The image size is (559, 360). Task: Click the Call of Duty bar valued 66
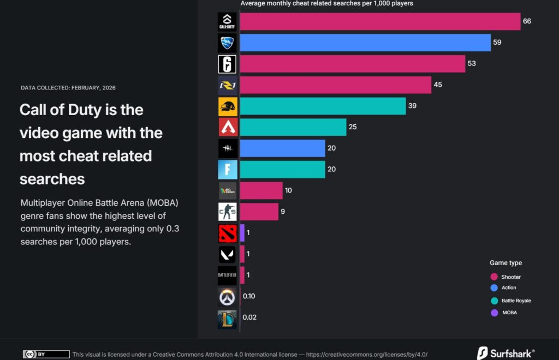pyautogui.click(x=380, y=21)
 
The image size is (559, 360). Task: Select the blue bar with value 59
pyautogui.click(x=365, y=43)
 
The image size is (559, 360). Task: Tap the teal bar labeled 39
pyautogui.click(x=323, y=106)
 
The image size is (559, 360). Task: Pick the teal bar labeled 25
pyautogui.click(x=293, y=127)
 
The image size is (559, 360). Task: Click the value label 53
pyautogui.click(x=472, y=63)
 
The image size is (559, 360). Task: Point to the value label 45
pyautogui.click(x=438, y=85)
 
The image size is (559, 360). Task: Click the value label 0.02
pyautogui.click(x=249, y=317)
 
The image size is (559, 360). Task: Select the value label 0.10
pyautogui.click(x=249, y=296)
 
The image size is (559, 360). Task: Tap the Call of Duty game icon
pyautogui.click(x=227, y=22)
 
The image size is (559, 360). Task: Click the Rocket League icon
pyautogui.click(x=227, y=43)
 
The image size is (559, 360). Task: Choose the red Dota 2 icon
pyautogui.click(x=227, y=233)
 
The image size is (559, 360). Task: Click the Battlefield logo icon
pyautogui.click(x=227, y=275)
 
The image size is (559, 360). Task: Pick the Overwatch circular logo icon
pyautogui.click(x=227, y=297)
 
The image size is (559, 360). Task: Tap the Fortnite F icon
pyautogui.click(x=227, y=170)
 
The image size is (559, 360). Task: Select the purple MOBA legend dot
pyautogui.click(x=494, y=313)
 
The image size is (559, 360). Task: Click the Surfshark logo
pyautogui.click(x=506, y=353)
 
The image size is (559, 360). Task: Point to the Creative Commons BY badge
pyautogui.click(x=46, y=355)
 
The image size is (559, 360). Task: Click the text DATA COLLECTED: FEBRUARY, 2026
pyautogui.click(x=68, y=88)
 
